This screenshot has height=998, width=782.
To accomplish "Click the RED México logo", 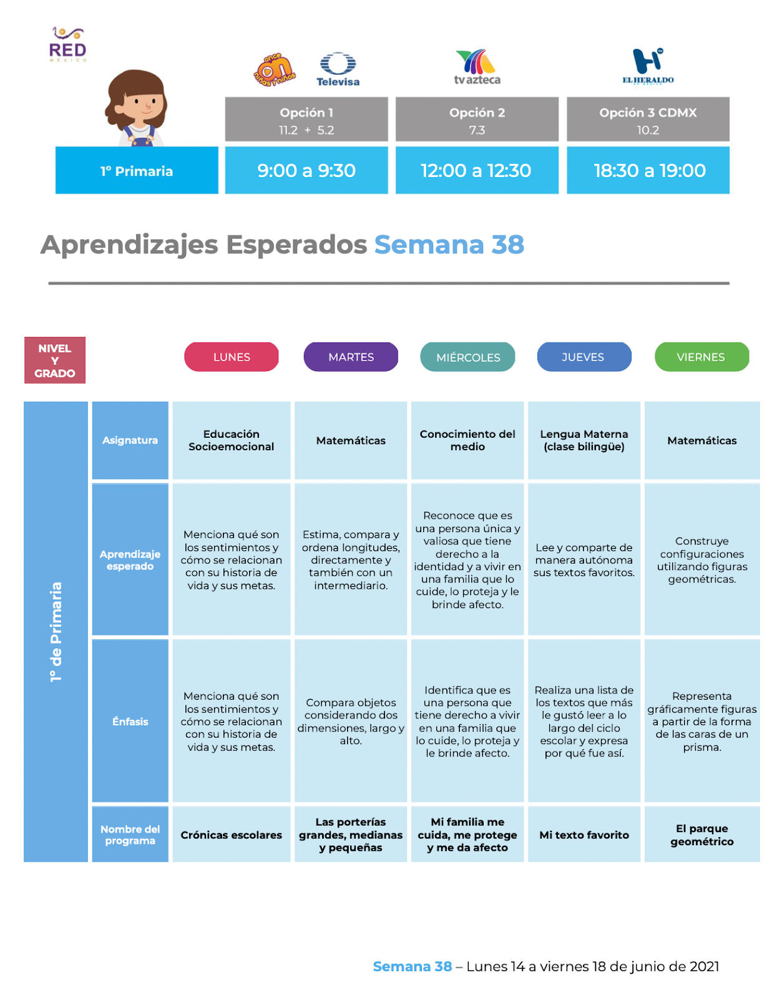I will click(x=67, y=44).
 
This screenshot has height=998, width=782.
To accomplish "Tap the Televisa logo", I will click(x=338, y=69).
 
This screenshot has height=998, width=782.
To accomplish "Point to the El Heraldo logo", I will click(x=648, y=66).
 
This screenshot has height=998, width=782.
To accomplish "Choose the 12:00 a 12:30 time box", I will click(x=476, y=170).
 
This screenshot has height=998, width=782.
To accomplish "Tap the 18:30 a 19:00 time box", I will click(x=648, y=170).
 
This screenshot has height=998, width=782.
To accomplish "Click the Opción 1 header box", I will click(x=306, y=120).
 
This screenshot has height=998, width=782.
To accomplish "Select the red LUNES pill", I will click(x=232, y=357).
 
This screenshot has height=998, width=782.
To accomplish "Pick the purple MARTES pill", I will click(x=351, y=357).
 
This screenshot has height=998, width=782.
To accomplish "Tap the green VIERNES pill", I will click(x=701, y=357).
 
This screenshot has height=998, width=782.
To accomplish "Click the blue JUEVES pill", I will click(x=584, y=357).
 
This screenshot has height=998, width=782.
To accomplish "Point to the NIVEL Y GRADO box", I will click(x=55, y=361).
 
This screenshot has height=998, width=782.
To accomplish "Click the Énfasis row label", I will click(x=130, y=722).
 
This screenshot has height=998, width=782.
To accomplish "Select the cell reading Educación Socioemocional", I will click(x=231, y=440).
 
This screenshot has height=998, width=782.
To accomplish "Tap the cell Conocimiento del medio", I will click(x=467, y=440).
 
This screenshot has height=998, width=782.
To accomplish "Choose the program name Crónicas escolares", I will click(x=231, y=835).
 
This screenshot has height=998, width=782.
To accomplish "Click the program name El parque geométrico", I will click(x=701, y=835).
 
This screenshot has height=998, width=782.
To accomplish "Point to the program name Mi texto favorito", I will click(x=584, y=835).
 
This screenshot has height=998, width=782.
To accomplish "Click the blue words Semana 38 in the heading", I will click(x=449, y=245).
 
